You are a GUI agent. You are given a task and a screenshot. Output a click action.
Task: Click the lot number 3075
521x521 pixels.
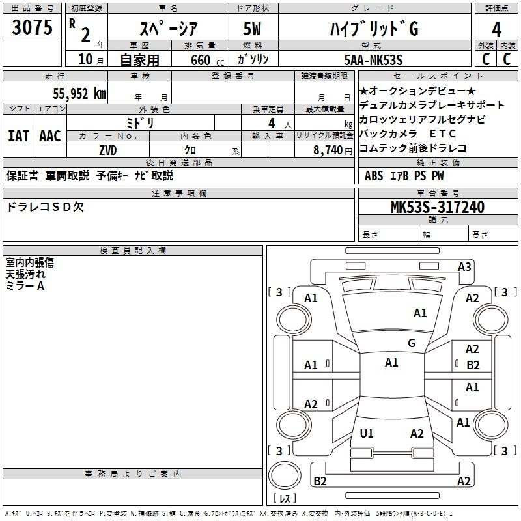[x=32, y=28]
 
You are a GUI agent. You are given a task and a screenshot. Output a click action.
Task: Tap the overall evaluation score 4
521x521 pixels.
[x=497, y=29]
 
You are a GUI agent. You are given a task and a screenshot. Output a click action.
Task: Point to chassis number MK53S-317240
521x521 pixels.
[x=437, y=206]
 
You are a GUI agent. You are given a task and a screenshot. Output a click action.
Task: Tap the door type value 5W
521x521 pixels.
[x=253, y=29]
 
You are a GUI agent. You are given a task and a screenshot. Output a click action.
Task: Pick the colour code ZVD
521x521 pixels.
[x=108, y=150]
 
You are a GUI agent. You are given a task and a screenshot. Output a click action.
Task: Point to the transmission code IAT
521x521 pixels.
[x=19, y=135]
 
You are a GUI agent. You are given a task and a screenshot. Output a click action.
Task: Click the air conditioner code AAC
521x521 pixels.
[x=50, y=135]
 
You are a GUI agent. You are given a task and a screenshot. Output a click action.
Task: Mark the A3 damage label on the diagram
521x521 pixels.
[x=464, y=266]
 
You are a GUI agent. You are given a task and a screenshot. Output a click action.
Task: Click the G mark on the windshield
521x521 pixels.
[x=411, y=343]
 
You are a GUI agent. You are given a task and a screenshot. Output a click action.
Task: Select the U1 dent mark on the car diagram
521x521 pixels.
[x=367, y=433]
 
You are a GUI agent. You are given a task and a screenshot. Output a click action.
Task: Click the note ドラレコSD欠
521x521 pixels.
[x=45, y=206]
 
